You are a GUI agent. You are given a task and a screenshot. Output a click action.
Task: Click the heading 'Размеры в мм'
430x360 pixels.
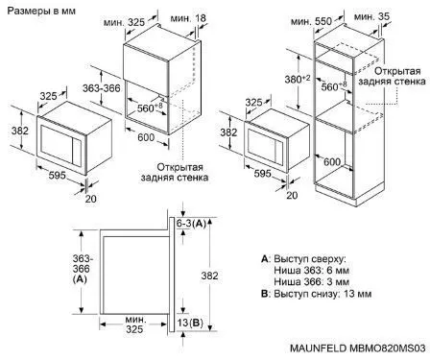click(41, 12)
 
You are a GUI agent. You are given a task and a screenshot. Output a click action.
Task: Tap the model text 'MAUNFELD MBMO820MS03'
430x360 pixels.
click(358, 348)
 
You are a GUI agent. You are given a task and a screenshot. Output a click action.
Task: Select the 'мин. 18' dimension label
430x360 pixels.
click(188, 18)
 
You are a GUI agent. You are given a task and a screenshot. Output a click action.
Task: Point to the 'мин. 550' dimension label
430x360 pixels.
click(312, 21)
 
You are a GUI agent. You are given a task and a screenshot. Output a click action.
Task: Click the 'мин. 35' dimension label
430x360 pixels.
click(372, 16)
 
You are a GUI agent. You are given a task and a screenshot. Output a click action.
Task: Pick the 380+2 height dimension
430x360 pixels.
click(298, 79)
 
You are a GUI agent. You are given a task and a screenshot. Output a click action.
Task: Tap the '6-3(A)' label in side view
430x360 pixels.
click(191, 224)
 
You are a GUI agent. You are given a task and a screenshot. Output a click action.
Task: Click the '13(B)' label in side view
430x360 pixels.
click(190, 323)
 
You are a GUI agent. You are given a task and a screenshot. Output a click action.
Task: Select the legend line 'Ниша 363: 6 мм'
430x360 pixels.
click(311, 271)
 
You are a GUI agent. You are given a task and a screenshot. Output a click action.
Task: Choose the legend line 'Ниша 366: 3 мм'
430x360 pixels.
click(311, 282)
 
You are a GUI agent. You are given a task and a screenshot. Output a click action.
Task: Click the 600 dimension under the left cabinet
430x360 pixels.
click(146, 137)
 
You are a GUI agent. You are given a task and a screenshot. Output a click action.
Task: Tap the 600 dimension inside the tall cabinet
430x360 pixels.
click(332, 161)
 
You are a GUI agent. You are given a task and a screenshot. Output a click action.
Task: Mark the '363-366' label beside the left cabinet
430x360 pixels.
click(102, 88)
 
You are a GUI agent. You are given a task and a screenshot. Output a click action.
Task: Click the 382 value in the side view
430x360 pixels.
click(209, 276)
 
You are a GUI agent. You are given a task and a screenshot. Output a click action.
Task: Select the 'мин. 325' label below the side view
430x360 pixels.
click(134, 324)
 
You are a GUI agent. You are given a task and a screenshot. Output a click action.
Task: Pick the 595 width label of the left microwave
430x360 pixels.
click(58, 175)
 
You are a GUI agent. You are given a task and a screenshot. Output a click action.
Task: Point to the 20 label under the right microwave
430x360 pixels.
click(292, 195)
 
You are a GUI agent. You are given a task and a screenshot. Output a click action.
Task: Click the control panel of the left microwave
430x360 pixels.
click(77, 152)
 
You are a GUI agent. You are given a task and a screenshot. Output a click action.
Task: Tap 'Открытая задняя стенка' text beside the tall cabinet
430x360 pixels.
click(392, 76)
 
